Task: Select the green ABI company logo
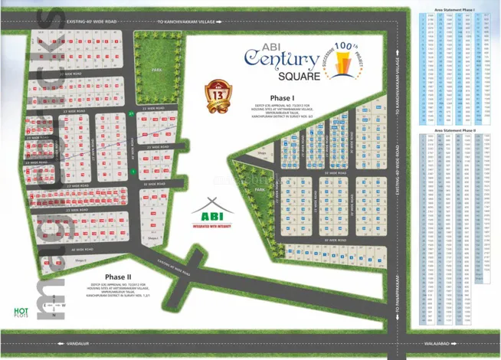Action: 211,211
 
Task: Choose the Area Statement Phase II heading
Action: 454,130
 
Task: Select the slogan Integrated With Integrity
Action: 211,227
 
